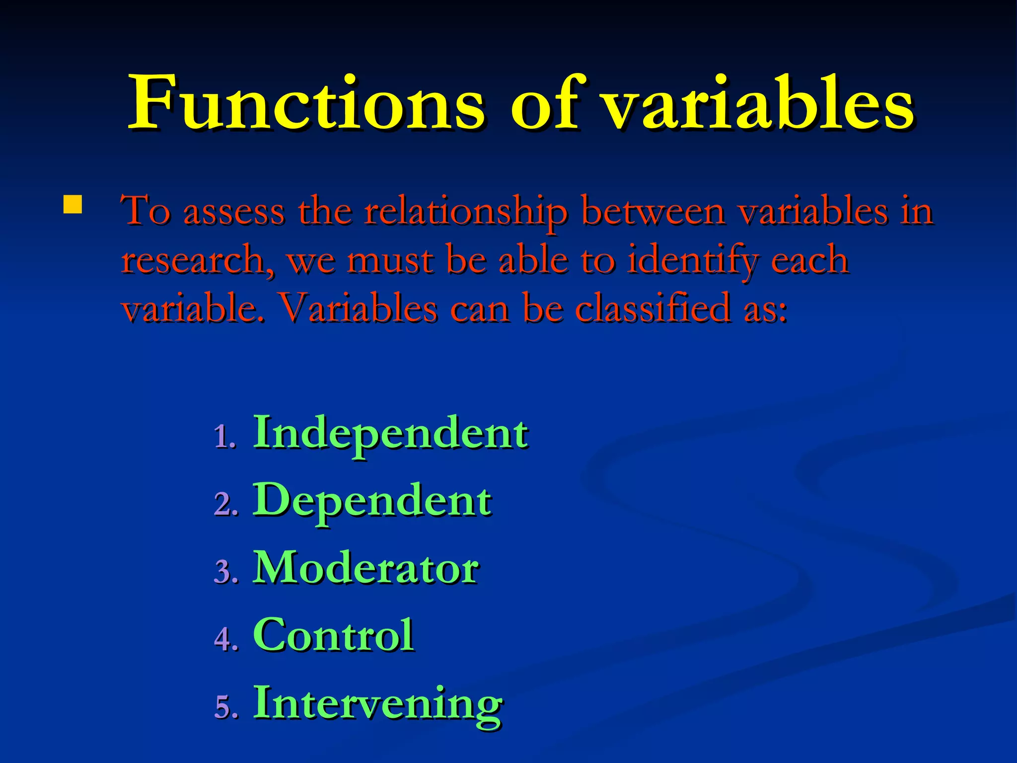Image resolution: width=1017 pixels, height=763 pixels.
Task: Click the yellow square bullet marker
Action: (x=73, y=204)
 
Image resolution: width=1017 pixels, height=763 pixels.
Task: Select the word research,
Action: (x=198, y=260)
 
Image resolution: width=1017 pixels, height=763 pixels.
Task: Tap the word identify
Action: (x=693, y=261)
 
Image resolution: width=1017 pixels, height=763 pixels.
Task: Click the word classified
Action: (x=653, y=308)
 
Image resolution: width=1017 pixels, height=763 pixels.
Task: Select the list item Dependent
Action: (x=372, y=501)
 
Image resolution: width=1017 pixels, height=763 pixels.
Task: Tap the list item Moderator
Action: (x=365, y=568)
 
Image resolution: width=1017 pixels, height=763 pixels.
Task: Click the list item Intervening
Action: (x=377, y=703)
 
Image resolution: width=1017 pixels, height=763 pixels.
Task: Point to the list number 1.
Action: (x=224, y=437)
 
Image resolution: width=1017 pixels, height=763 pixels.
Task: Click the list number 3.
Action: (x=225, y=572)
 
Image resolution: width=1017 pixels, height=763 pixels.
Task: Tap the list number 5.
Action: (x=225, y=707)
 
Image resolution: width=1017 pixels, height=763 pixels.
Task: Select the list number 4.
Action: (x=225, y=639)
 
